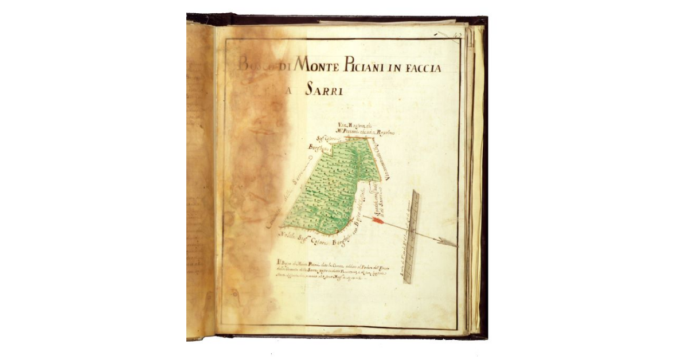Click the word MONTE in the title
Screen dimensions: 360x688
[318, 67]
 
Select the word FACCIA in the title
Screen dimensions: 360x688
[422, 68]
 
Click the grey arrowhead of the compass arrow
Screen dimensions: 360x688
[448, 242]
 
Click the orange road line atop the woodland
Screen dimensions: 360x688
[355, 138]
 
